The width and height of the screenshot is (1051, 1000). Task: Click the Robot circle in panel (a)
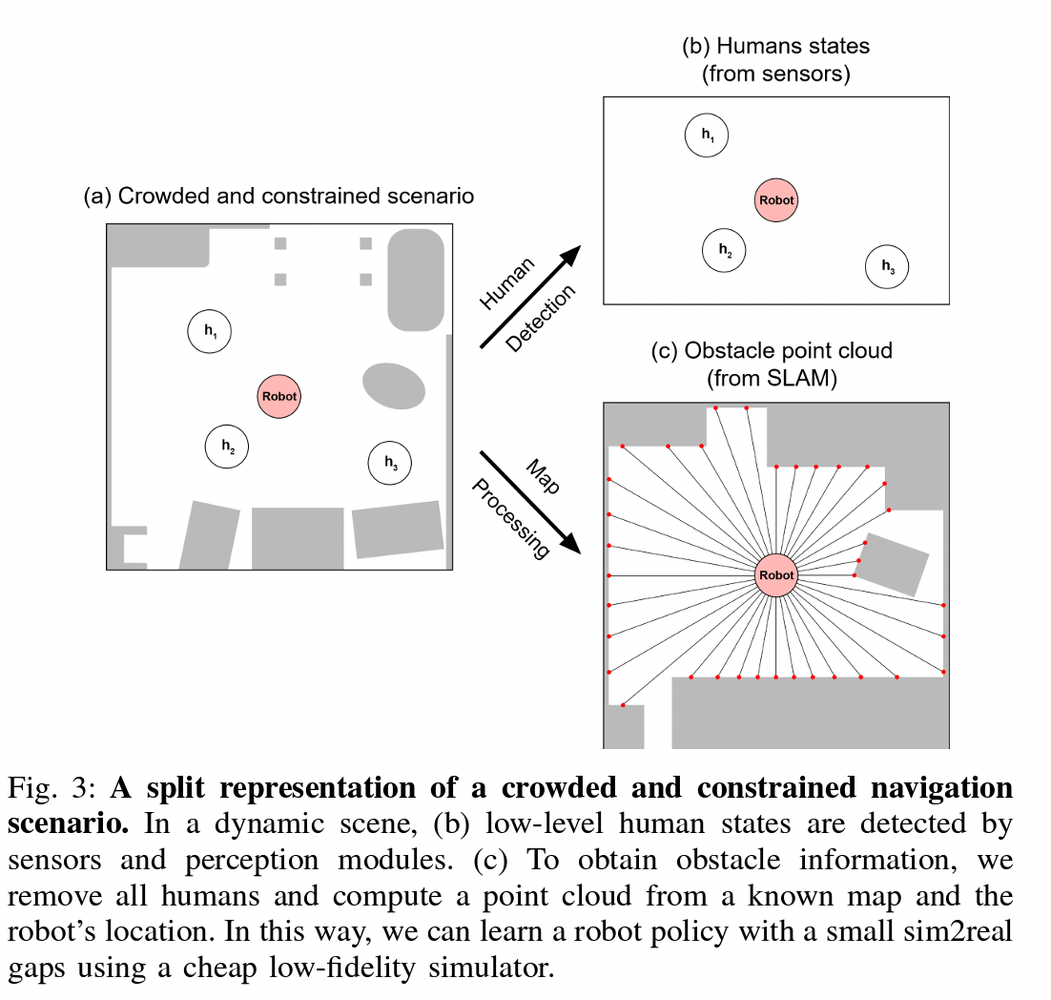point(278,396)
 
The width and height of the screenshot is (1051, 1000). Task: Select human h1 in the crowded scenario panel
point(210,332)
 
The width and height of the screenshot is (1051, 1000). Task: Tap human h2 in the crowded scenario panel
point(228,446)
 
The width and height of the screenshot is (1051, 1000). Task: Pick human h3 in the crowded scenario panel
point(390,463)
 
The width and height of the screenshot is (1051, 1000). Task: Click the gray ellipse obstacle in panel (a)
point(394,385)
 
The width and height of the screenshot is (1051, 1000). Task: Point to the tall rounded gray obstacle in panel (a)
point(416,279)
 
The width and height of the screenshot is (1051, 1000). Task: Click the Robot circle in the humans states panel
point(775,200)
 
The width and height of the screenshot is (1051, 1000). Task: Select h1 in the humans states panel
point(707,135)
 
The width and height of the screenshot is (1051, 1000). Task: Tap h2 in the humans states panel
point(724,250)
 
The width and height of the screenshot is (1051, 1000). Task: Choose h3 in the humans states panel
point(887,266)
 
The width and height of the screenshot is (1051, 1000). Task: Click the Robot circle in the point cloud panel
point(775,575)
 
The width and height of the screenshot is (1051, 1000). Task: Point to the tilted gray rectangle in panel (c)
point(893,564)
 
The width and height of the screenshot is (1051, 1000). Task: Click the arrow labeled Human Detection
point(529,296)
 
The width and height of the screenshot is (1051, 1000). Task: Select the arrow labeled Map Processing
point(530,501)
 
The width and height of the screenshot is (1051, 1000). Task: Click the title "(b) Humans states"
point(775,46)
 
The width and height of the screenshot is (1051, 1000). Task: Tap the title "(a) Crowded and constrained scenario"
point(278,197)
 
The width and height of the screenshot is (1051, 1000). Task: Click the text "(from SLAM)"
point(772,379)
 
